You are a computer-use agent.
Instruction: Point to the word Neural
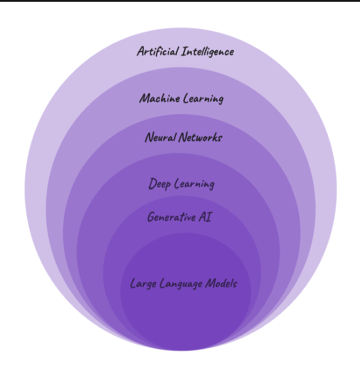click(x=160, y=137)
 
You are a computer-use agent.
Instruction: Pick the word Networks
click(x=201, y=137)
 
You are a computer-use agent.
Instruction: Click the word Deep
click(x=159, y=183)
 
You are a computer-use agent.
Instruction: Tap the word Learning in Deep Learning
click(x=193, y=184)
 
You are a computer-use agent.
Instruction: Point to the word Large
click(x=143, y=284)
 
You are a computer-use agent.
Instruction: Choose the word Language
click(x=181, y=284)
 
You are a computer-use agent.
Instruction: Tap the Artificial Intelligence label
click(x=185, y=51)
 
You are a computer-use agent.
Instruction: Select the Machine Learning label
click(x=181, y=98)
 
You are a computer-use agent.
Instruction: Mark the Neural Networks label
click(x=183, y=137)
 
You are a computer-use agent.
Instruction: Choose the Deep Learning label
click(x=181, y=184)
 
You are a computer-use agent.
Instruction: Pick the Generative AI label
click(x=180, y=217)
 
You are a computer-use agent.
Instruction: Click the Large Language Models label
click(x=184, y=284)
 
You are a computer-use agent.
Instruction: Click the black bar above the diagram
click(x=180, y=1)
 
